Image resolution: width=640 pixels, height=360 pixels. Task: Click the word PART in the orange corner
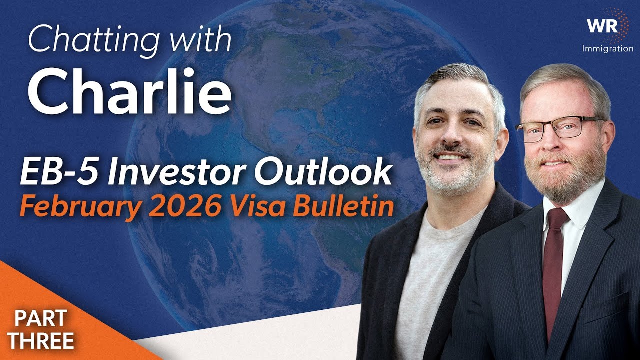35,319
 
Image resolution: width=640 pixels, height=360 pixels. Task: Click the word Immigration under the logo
607,49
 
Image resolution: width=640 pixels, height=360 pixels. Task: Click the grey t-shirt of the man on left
435,280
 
